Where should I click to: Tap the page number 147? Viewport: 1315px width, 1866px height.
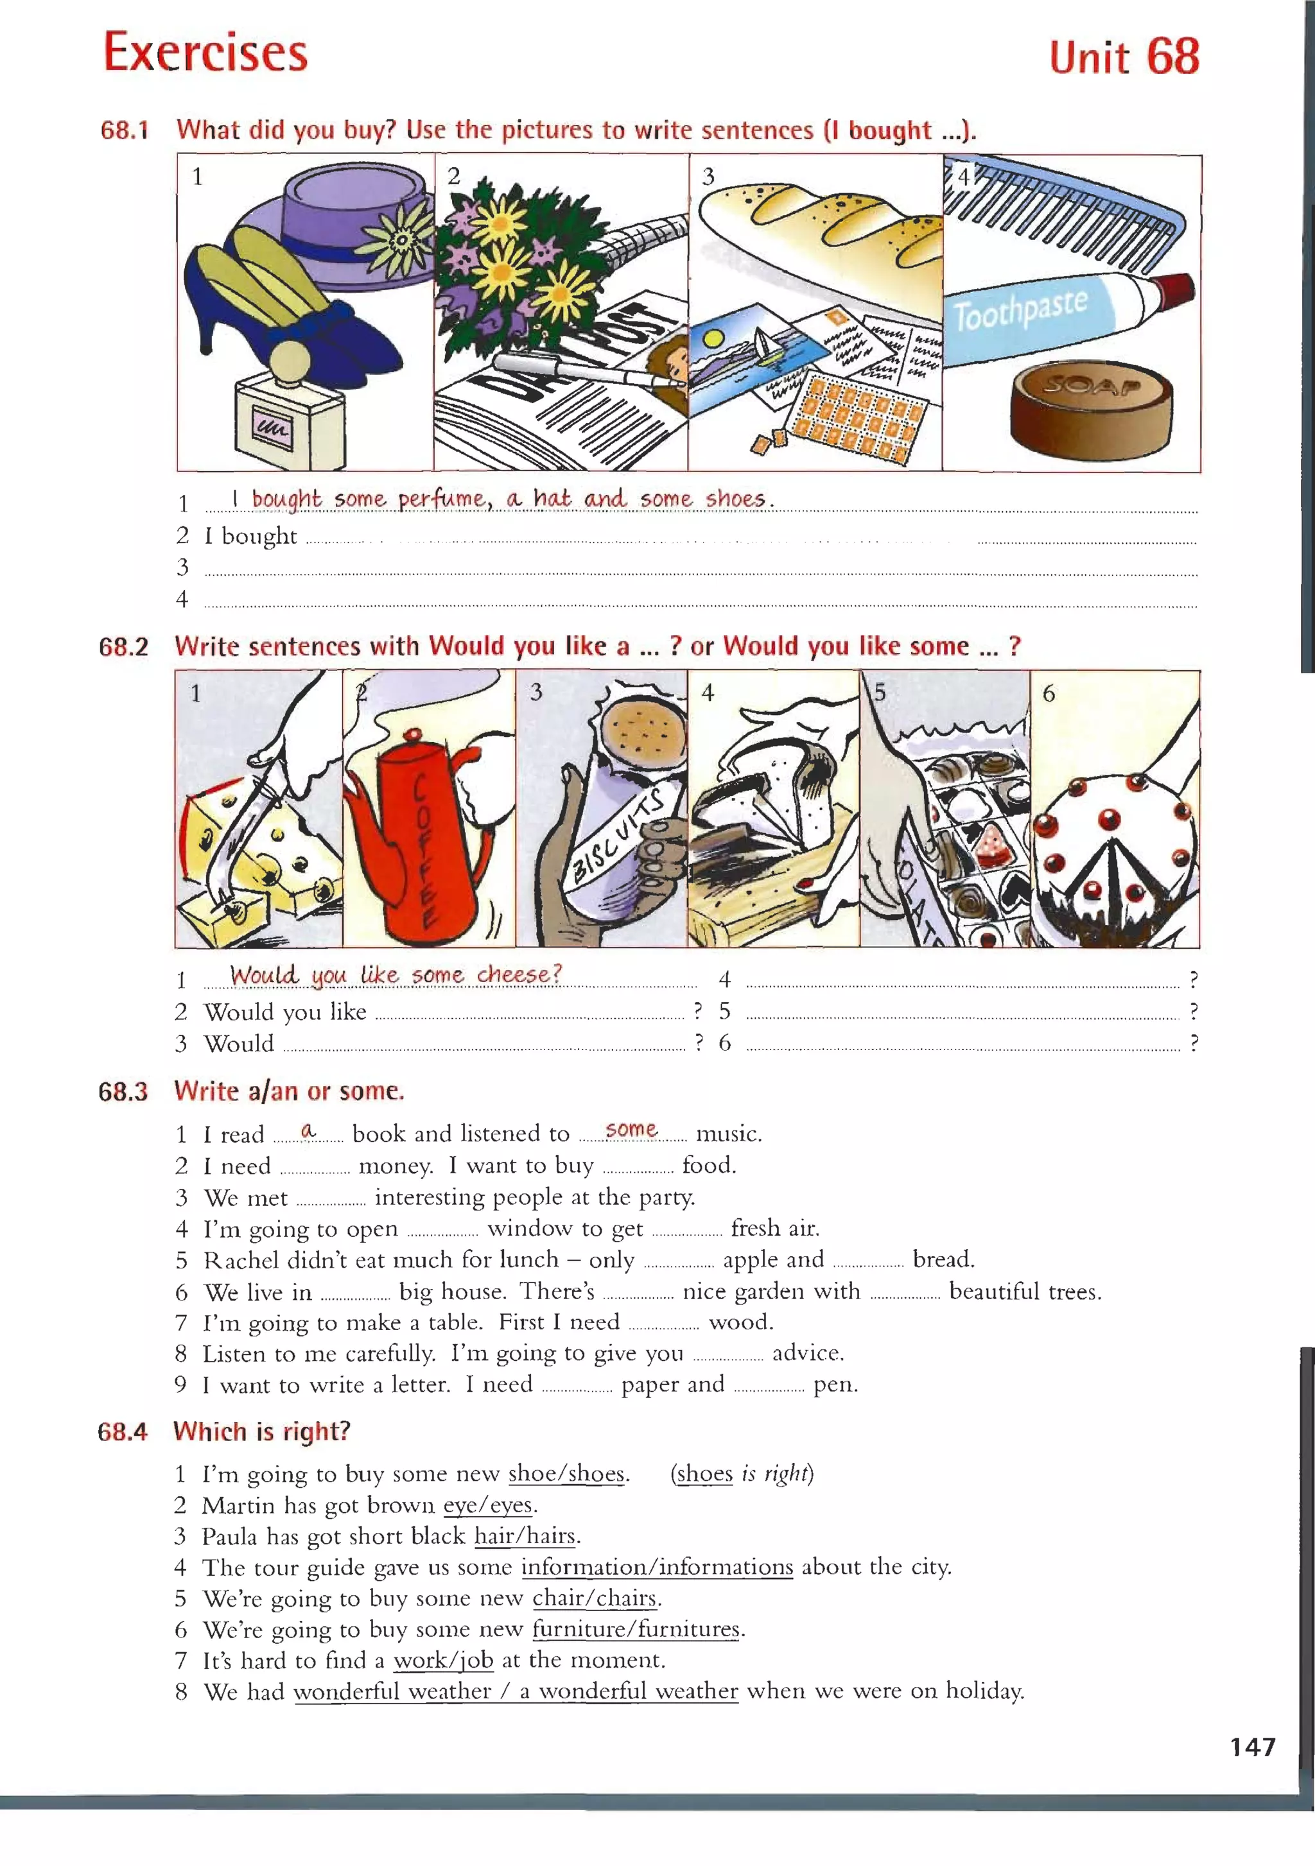[1253, 1747]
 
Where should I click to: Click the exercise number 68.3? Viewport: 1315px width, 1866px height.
[123, 1091]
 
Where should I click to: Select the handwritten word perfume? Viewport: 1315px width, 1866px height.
[444, 499]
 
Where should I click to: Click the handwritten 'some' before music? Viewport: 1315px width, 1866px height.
[631, 1130]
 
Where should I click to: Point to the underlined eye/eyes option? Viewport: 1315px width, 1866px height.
[487, 1505]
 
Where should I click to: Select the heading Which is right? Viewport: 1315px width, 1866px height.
[261, 1431]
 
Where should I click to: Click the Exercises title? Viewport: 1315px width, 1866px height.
[205, 52]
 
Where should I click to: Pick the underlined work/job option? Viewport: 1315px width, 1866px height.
[444, 1661]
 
